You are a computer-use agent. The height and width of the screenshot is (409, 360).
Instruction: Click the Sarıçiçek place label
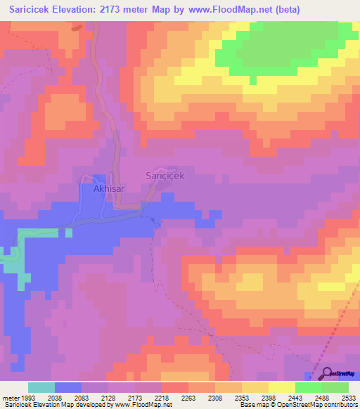[165, 176]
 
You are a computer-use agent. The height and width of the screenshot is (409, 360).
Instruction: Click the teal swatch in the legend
[41, 387]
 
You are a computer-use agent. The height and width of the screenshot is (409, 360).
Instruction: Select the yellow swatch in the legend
[282, 387]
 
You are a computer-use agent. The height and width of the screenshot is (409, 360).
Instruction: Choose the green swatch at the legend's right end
[335, 387]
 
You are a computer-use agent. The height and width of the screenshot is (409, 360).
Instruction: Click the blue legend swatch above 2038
[68, 387]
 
